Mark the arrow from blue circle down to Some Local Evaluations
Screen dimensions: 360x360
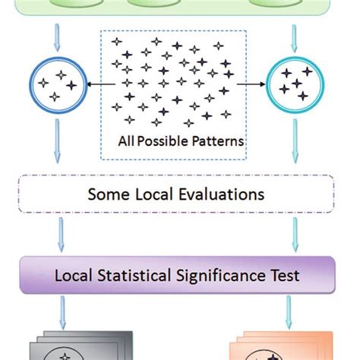tap(56, 144)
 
